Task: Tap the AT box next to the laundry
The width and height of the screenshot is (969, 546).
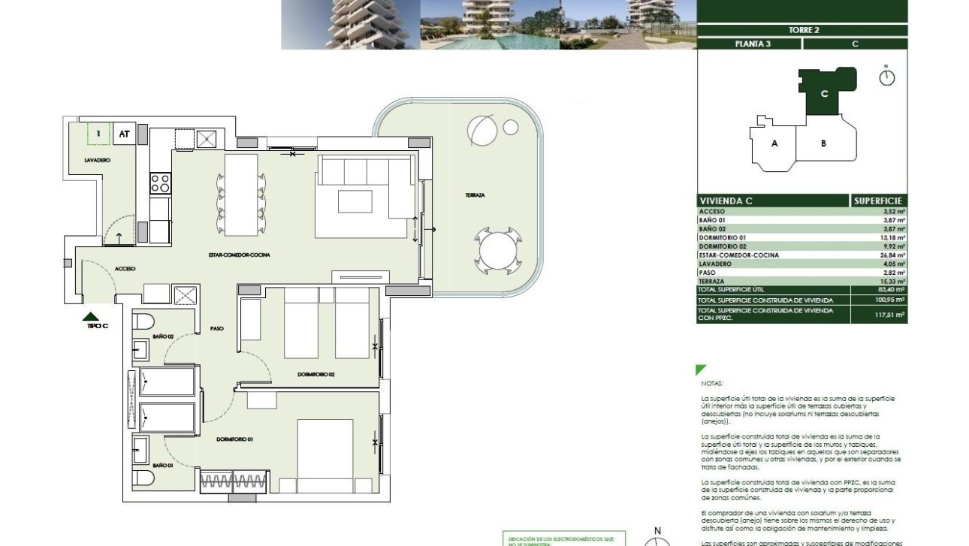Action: [125, 134]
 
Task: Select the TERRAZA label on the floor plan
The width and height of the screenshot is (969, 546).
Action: [475, 195]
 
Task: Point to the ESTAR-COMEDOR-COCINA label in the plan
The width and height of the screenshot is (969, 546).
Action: [239, 255]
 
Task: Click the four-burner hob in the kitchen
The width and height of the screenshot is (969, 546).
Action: [161, 183]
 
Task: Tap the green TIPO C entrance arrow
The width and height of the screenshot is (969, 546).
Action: [90, 317]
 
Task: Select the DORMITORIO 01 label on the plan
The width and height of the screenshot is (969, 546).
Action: [234, 439]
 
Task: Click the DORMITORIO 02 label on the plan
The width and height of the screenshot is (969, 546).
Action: [315, 373]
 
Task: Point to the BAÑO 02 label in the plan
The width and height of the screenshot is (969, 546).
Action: [163, 336]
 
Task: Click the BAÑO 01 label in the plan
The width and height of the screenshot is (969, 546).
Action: [163, 466]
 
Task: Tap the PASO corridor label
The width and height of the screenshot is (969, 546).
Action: [216, 328]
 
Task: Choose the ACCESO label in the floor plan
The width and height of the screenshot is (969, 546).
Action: [125, 268]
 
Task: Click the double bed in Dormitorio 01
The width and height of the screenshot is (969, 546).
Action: [325, 447]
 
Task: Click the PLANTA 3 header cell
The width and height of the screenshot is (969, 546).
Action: [749, 44]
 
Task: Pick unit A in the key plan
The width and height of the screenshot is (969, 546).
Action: [774, 143]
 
